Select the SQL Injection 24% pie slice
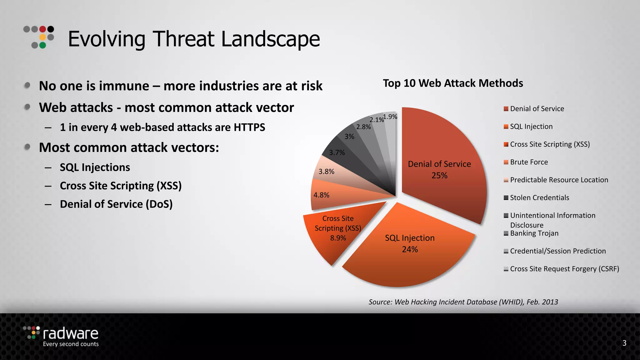pyautogui.click(x=409, y=250)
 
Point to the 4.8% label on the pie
pyautogui.click(x=322, y=195)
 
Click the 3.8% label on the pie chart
pyautogui.click(x=326, y=172)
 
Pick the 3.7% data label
pyautogui.click(x=337, y=152)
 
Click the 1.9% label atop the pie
pyautogui.click(x=390, y=117)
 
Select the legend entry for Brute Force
pyautogui.click(x=529, y=162)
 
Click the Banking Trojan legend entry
pyautogui.click(x=534, y=233)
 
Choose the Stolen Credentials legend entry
pyautogui.click(x=539, y=198)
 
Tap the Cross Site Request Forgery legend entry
pyautogui.click(x=564, y=269)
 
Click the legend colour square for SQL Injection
pyautogui.click(x=506, y=127)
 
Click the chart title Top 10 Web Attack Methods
pyautogui.click(x=453, y=83)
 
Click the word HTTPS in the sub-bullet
pyautogui.click(x=249, y=127)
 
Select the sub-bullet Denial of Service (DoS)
pyautogui.click(x=116, y=204)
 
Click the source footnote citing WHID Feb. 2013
pyautogui.click(x=463, y=302)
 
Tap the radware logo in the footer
pyautogui.click(x=62, y=336)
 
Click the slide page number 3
pyautogui.click(x=624, y=343)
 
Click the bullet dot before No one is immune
pyautogui.click(x=27, y=85)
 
